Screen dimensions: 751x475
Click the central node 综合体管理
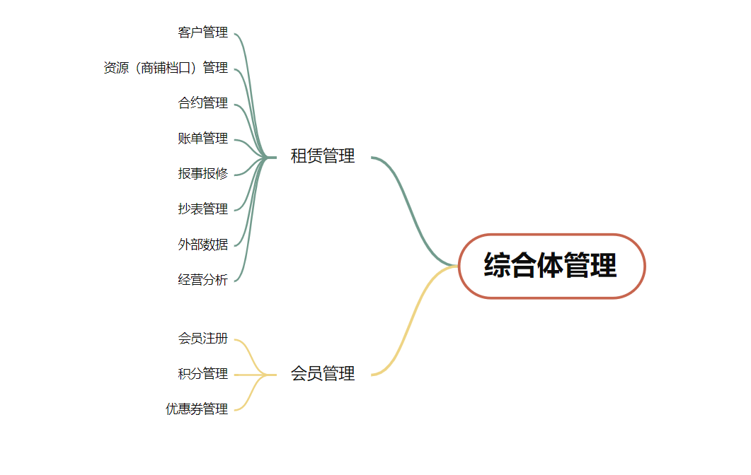point(552,266)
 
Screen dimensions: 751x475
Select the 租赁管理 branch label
point(323,156)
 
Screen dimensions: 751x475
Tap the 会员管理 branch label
point(323,374)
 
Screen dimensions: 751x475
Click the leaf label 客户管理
point(203,33)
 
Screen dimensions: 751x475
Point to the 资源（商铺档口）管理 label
point(166,68)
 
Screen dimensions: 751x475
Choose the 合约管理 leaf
point(203,102)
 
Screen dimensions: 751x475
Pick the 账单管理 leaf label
point(203,139)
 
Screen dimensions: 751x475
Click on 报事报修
point(203,174)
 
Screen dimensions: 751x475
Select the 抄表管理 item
point(203,209)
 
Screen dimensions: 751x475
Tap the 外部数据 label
point(203,245)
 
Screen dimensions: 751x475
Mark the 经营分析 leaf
point(203,280)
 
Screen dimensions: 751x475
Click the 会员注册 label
point(203,339)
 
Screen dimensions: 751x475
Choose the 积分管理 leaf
point(203,374)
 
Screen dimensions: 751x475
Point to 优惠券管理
point(197,409)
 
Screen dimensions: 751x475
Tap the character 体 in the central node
point(550,266)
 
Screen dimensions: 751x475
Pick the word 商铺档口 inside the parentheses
point(166,68)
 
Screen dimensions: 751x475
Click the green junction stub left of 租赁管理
point(271,158)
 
